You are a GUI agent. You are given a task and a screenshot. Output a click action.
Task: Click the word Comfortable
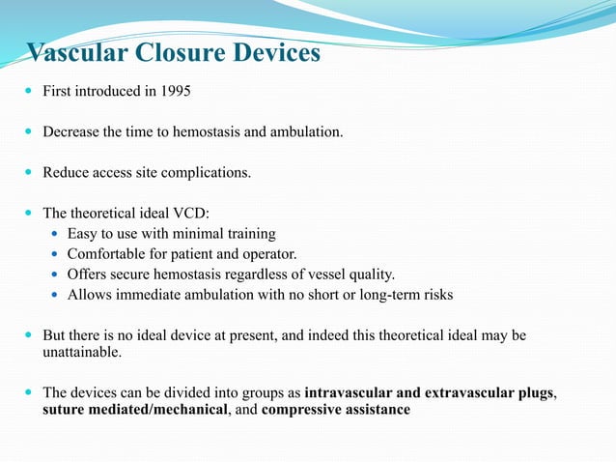[105, 254]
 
